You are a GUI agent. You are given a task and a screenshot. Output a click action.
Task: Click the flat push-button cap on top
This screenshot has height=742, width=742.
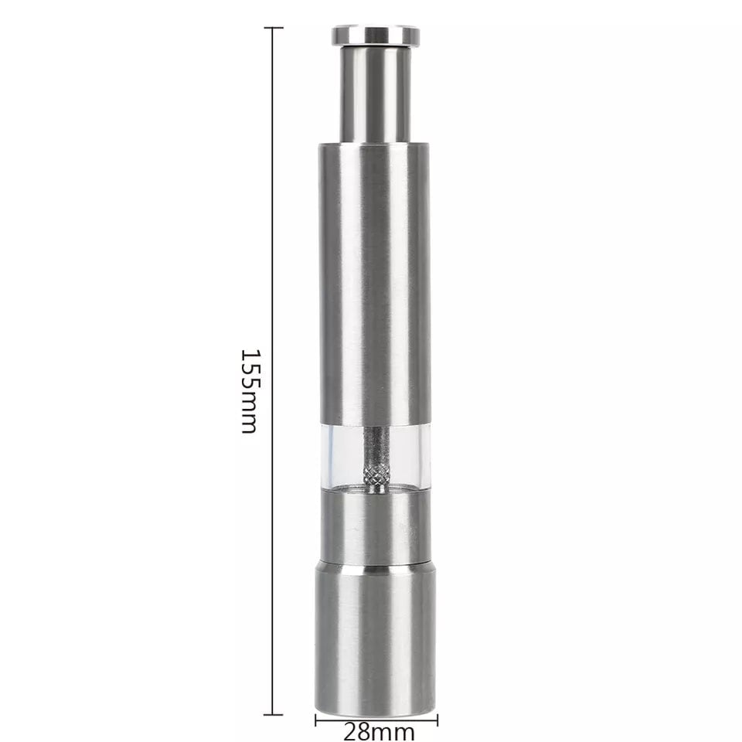coord(376,36)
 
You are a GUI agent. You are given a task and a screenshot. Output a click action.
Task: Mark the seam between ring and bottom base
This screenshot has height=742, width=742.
coord(376,564)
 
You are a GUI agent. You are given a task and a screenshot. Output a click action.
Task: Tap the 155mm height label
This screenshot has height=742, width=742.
coord(249,390)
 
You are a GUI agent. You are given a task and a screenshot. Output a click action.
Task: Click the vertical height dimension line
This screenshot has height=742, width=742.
coord(273,232)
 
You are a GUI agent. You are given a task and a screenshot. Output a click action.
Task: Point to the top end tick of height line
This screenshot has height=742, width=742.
coord(273,28)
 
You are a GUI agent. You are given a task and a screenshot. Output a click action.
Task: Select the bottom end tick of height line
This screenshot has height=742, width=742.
coord(273,714)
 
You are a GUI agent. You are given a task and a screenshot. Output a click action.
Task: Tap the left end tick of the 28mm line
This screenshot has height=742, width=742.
coord(316,720)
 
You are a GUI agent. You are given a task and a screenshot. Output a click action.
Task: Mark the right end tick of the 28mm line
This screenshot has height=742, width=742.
coord(437,720)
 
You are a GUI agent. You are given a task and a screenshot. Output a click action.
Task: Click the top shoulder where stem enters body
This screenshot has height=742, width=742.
coord(376,145)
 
